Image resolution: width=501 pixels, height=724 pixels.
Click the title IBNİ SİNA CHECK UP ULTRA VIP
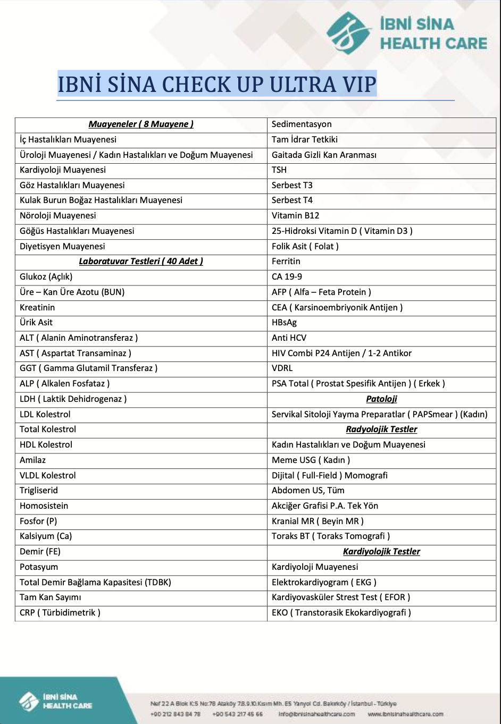click(x=217, y=85)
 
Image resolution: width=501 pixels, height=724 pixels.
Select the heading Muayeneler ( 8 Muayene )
click(x=141, y=124)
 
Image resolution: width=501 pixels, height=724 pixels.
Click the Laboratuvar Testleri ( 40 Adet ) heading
click(x=141, y=262)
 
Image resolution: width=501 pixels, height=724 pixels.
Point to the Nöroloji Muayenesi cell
click(x=58, y=216)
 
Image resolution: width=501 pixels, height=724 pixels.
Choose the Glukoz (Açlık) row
click(x=46, y=277)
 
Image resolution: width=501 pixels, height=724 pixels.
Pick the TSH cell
click(x=279, y=170)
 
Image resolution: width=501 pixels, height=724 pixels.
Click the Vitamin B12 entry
click(x=296, y=216)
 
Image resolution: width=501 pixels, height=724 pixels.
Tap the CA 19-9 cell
click(x=287, y=277)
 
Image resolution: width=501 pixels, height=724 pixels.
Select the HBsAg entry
click(x=285, y=323)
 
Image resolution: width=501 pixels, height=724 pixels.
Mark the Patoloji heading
click(x=381, y=399)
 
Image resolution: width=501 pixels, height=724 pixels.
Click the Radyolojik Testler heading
click(x=381, y=430)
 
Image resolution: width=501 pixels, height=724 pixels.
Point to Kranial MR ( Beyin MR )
click(x=318, y=521)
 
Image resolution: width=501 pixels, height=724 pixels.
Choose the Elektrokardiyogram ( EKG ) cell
click(x=324, y=583)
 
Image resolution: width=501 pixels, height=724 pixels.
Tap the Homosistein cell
click(x=44, y=506)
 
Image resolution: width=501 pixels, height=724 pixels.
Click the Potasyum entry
click(x=39, y=567)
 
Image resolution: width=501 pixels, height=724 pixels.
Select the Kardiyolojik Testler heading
click(x=381, y=552)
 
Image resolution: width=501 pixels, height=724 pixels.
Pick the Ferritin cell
click(x=286, y=262)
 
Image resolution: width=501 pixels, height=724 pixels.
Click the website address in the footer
click(x=405, y=714)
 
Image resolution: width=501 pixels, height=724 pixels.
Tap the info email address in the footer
click(x=316, y=714)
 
